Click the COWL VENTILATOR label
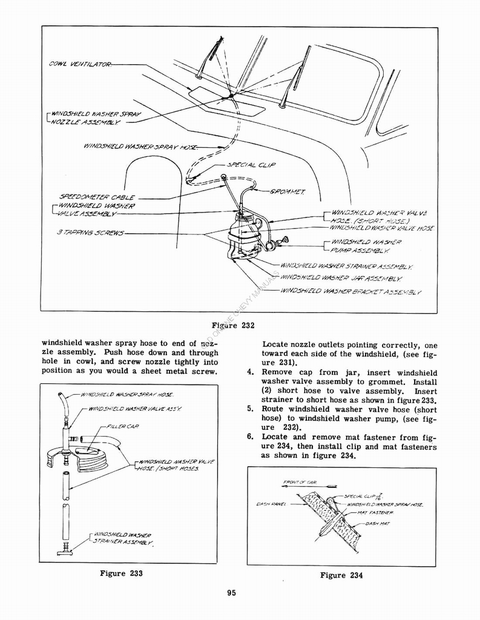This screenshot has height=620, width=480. (79, 64)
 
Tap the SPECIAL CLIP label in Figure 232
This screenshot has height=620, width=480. (248, 164)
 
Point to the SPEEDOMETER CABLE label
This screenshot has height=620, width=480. (97, 197)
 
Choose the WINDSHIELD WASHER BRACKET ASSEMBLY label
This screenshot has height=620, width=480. (351, 291)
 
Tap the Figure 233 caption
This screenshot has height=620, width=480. (121, 573)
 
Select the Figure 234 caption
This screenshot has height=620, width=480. (341, 575)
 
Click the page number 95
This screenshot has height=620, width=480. (231, 593)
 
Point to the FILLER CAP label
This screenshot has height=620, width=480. (123, 427)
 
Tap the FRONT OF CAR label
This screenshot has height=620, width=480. (301, 483)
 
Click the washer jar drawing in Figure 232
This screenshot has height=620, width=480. (242, 236)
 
